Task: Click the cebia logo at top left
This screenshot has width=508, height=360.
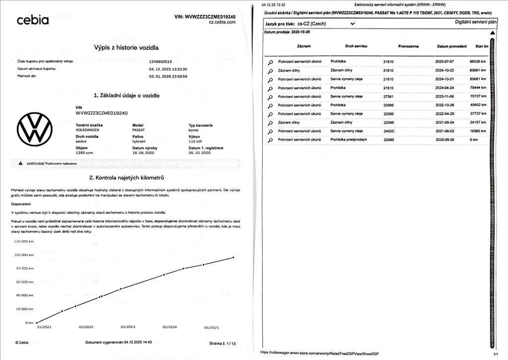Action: click(x=33, y=20)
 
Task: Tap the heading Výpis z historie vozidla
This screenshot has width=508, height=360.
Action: click(x=126, y=48)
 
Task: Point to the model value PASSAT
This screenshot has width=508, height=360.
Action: click(x=140, y=130)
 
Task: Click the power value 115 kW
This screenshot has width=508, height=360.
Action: click(x=196, y=141)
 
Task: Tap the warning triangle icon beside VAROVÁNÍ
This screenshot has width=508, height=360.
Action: click(x=21, y=163)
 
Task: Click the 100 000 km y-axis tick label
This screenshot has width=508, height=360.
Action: click(x=24, y=255)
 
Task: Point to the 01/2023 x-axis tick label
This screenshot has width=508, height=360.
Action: click(x=128, y=327)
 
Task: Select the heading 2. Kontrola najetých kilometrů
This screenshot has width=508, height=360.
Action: click(x=126, y=178)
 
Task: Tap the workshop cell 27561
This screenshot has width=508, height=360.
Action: click(x=389, y=97)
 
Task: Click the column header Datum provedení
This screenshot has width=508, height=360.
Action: click(x=452, y=46)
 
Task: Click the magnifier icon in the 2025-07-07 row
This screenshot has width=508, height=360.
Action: click(x=271, y=62)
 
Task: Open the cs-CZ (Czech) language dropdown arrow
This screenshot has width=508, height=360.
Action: click(x=353, y=23)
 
